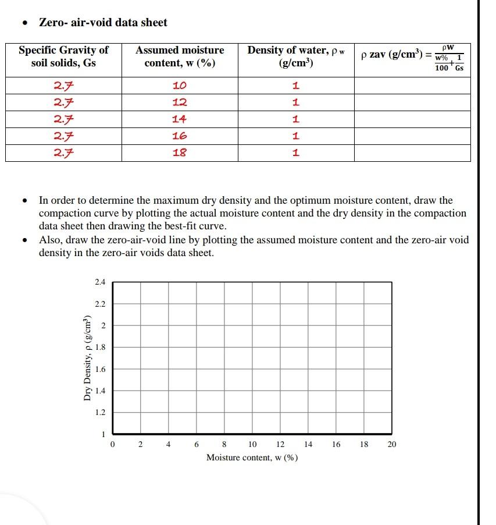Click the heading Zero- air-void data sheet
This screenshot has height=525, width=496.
pos(102,23)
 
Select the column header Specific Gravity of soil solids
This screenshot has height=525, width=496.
pos(63,56)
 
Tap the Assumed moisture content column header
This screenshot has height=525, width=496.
pos(180,56)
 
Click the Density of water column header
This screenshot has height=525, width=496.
pos(296,56)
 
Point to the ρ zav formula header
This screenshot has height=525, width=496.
pos(412,57)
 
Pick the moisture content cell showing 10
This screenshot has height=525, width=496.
pos(180,86)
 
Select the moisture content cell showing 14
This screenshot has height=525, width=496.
pos(180,120)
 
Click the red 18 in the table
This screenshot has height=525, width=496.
pos(180,153)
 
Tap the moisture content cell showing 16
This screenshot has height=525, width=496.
pos(180,136)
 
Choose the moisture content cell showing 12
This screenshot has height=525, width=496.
pos(180,103)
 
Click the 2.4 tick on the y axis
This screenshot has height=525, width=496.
pos(100,282)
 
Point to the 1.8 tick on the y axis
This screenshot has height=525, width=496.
pos(100,347)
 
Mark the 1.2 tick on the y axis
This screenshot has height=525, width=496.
pos(100,413)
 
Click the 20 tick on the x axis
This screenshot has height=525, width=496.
pos(392,445)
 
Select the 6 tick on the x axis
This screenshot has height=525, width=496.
pos(197,445)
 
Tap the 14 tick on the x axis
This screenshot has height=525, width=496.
pos(308,445)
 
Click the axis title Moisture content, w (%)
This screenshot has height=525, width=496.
pos(252,457)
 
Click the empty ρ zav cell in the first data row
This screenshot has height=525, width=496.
pos(412,86)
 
